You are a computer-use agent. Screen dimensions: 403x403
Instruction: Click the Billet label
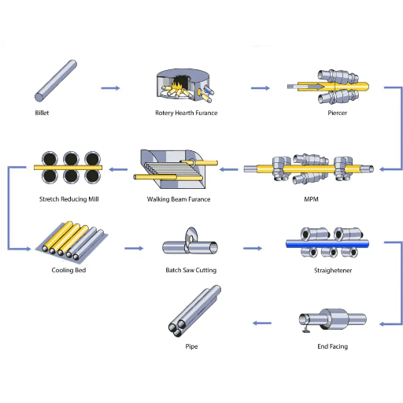(42, 113)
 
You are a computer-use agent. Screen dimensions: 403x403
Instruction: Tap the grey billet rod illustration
(56, 80)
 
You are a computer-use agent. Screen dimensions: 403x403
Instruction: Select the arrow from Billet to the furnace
(110, 88)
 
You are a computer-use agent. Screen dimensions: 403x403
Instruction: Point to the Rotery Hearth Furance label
(187, 113)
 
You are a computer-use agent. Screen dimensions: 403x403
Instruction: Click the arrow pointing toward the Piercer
(261, 88)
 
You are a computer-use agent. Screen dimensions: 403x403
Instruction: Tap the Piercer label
(338, 113)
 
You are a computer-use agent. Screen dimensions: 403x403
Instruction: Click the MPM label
(312, 199)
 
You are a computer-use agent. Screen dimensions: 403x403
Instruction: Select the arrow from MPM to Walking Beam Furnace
(228, 169)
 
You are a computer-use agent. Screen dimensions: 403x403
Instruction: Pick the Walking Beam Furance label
(179, 199)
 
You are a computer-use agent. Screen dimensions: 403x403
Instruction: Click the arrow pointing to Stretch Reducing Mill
(118, 169)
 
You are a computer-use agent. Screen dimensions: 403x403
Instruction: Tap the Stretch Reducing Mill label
(69, 199)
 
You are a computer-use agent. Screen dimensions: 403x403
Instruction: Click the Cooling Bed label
(68, 270)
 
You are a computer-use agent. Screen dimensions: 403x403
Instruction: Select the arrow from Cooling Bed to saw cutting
(134, 248)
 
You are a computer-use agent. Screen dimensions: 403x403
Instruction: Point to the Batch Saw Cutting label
(191, 270)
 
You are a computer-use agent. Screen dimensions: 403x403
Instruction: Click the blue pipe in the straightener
(327, 245)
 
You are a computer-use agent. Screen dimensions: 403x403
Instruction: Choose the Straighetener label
(333, 271)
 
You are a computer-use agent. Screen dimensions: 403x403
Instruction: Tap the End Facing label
(333, 346)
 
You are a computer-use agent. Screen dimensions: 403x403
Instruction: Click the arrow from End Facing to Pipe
(262, 324)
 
